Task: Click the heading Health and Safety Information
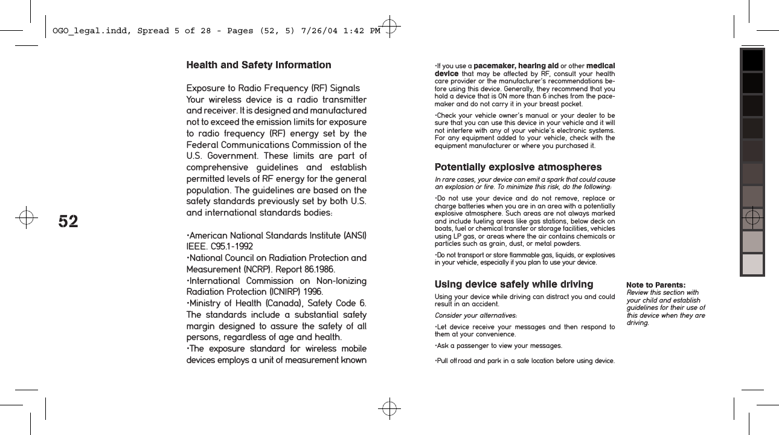tap(258, 65)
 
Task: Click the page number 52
tap(68, 222)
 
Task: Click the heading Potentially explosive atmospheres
tap(518, 167)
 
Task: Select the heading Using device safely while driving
tap(514, 284)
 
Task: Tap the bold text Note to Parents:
tap(656, 285)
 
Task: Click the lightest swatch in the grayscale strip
tap(752, 264)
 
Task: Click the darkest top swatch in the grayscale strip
tap(752, 60)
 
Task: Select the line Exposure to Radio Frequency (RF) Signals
tap(273, 88)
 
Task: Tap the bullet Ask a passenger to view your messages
tap(498, 346)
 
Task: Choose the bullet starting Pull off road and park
tap(524, 361)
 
